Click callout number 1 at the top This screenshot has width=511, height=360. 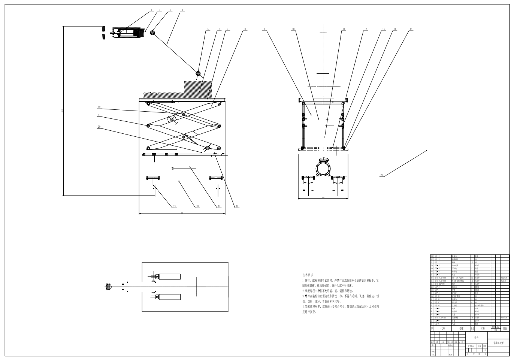click(152, 10)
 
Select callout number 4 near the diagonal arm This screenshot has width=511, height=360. click(182, 10)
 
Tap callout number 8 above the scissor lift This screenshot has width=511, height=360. click(245, 28)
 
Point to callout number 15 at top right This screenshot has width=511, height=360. click(411, 28)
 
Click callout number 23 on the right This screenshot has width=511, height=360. click(382, 175)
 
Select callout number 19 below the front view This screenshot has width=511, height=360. click(174, 206)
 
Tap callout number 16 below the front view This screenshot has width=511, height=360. click(237, 206)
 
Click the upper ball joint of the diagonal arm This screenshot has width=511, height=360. click(153, 33)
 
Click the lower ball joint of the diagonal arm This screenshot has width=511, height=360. click(198, 74)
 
